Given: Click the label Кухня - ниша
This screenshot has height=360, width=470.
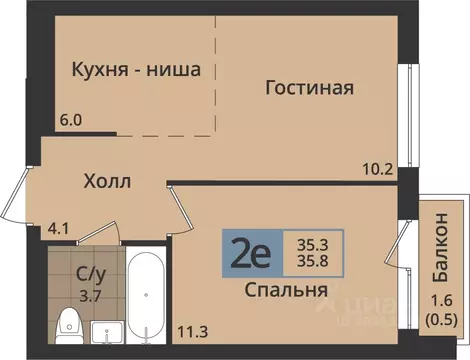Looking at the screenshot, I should (136, 70).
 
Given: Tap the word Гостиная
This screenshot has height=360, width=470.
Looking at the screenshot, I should (309, 88).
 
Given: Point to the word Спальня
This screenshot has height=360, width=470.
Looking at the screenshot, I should (287, 290).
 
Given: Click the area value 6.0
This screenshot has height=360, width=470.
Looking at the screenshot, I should (70, 120).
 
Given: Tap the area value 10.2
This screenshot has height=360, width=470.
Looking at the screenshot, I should (376, 168).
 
